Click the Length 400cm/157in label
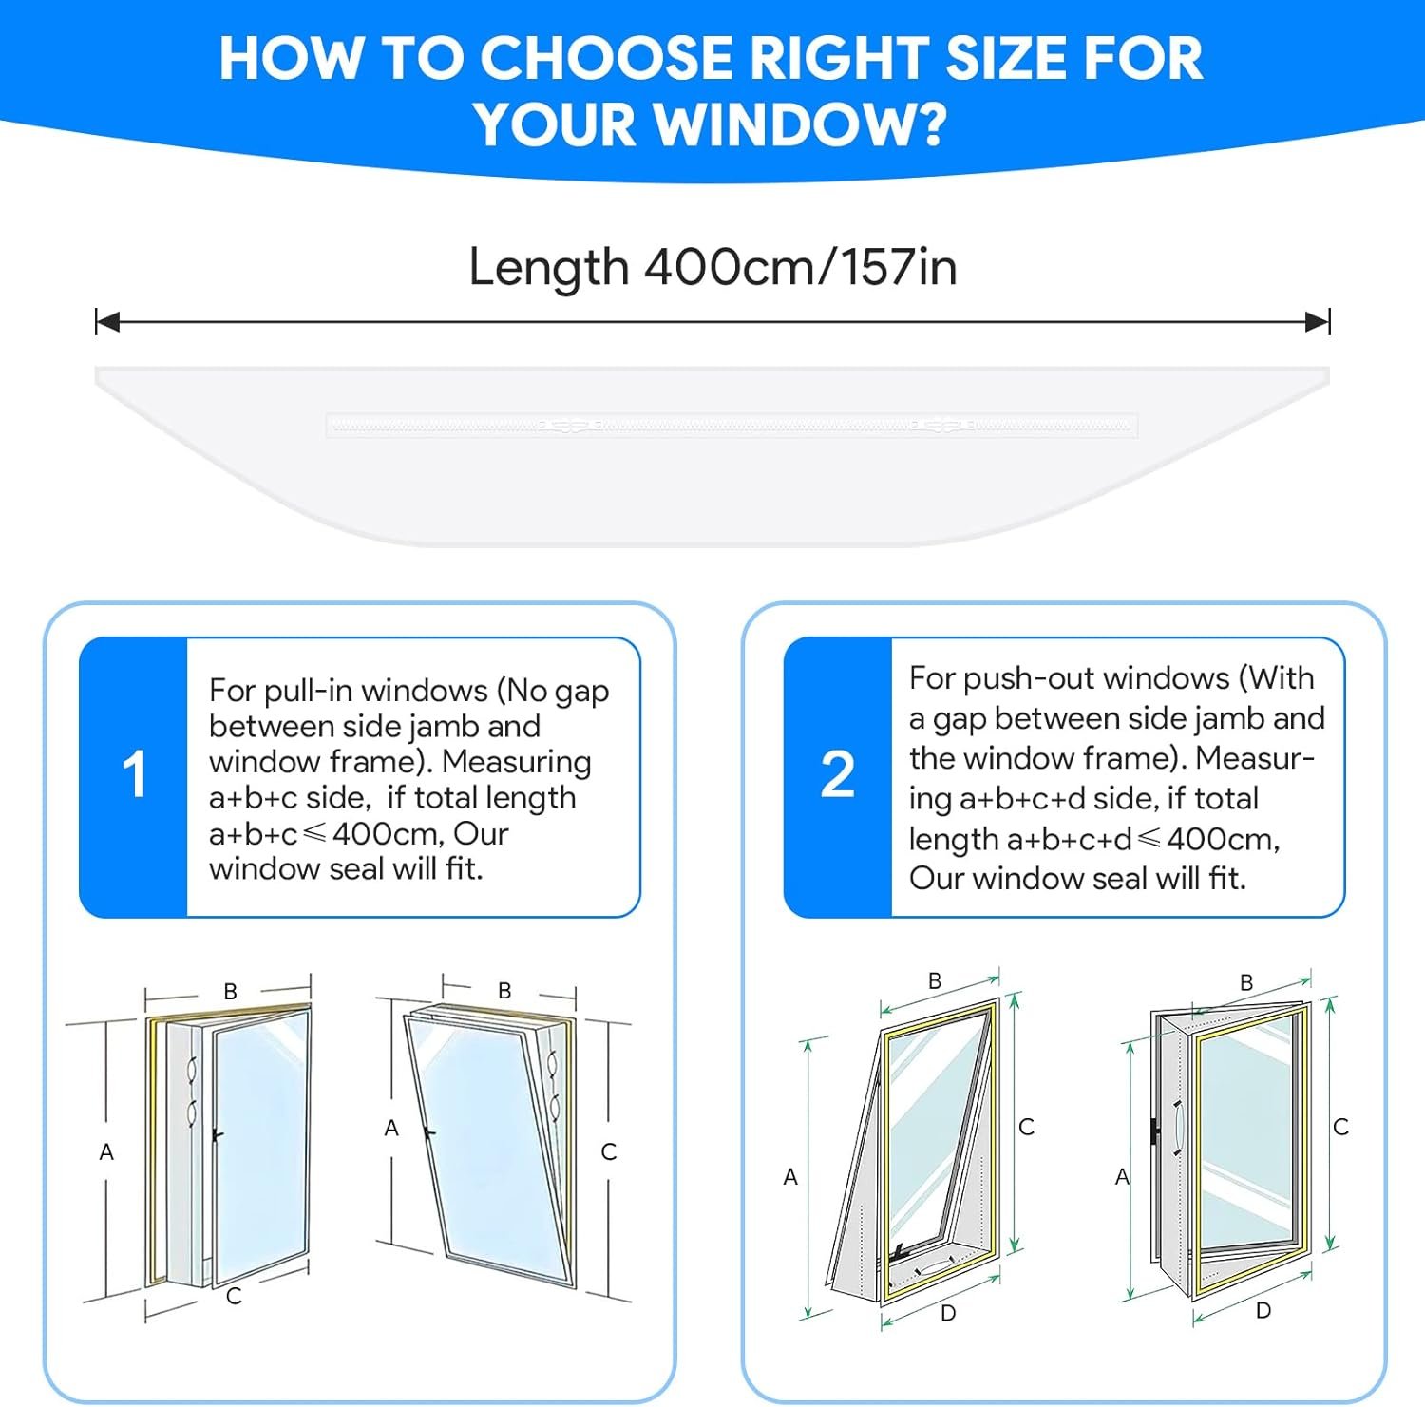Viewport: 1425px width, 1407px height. pos(712,267)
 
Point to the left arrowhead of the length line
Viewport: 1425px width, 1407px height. pos(107,322)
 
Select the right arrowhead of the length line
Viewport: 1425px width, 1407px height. pos(1318,322)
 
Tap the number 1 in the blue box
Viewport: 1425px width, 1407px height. pos(134,774)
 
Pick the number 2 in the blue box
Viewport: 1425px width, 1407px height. pos(837,774)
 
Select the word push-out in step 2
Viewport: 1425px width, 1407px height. pos(1046,678)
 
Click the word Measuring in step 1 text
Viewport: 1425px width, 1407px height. pos(517,763)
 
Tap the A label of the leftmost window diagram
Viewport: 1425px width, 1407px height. pos(106,1152)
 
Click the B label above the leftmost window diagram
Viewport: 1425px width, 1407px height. pos(230,992)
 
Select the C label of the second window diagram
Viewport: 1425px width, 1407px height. pos(609,1152)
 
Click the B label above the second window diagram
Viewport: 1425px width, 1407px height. pos(504,991)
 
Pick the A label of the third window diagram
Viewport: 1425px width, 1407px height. pos(790,1177)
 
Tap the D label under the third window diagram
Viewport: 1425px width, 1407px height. pos(948,1313)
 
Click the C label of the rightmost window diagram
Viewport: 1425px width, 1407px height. pos(1341,1127)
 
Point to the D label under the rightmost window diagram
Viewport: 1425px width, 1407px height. pos(1263,1311)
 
